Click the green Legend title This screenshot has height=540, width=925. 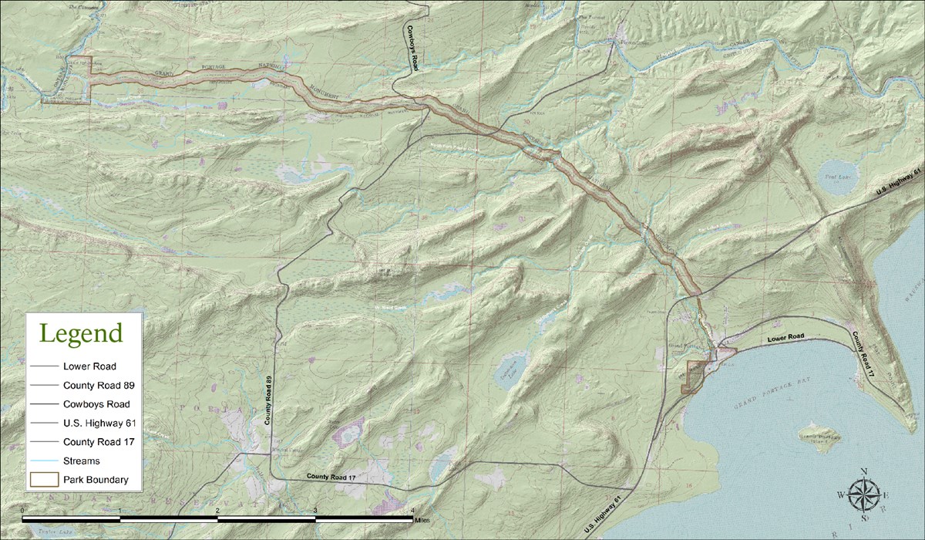tap(81, 334)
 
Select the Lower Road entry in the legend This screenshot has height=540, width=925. tap(89, 366)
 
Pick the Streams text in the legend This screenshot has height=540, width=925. tap(82, 461)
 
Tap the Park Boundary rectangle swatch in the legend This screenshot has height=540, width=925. tap(43, 480)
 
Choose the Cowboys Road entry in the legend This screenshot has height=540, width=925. tap(96, 403)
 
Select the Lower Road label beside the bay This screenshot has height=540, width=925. tap(785, 338)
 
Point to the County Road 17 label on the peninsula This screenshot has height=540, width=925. tap(863, 354)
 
